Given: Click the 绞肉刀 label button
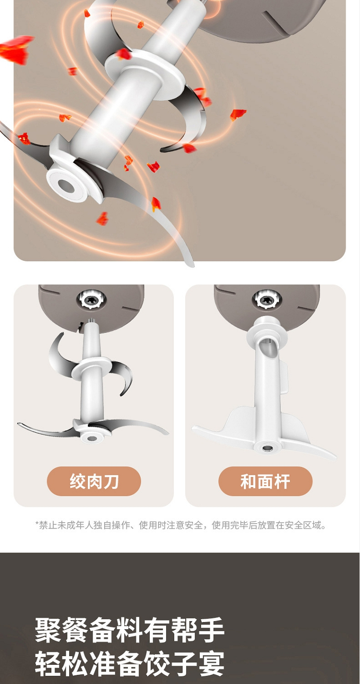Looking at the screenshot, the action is click(x=94, y=481).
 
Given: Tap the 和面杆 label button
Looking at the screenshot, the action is click(x=265, y=481).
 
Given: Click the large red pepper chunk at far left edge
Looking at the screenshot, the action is click(x=15, y=49).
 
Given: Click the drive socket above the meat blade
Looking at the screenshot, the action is click(x=91, y=300).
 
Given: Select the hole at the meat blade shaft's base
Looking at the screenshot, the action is click(x=91, y=439).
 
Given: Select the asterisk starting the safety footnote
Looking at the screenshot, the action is click(x=37, y=524).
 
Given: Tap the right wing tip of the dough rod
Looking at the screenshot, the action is click(x=335, y=457).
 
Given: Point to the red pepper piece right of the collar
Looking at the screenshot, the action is click(x=238, y=114).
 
